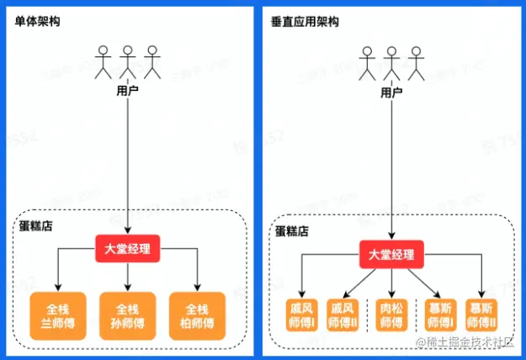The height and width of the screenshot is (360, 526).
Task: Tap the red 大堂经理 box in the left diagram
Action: click(128, 249)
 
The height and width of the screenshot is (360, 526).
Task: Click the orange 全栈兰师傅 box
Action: click(57, 315)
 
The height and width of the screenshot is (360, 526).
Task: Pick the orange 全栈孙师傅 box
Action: click(128, 315)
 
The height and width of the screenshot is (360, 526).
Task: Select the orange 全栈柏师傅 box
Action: click(197, 315)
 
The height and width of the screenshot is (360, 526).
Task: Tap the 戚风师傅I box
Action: click(302, 316)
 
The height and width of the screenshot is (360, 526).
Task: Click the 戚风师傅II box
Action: click(346, 316)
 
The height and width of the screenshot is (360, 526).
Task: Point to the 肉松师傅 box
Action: click(391, 316)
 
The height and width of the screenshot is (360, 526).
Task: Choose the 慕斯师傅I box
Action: click(438, 316)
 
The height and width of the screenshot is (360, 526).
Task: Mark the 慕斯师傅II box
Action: click(482, 316)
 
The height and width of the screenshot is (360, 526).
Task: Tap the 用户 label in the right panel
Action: click(391, 92)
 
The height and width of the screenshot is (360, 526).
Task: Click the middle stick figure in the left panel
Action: click(127, 63)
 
